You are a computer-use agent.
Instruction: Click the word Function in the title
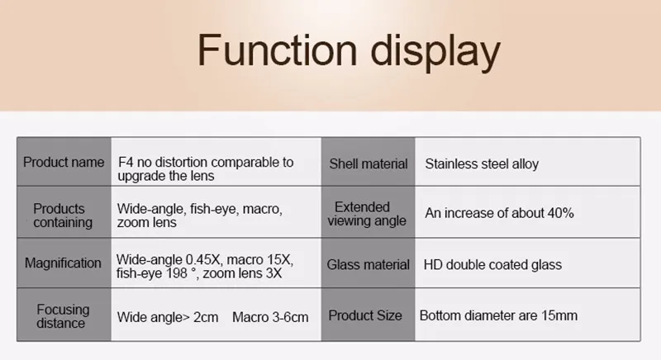coord(278,50)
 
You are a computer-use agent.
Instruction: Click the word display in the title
coord(435,53)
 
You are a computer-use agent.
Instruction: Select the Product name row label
coord(64,162)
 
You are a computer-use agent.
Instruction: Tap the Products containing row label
coord(63,216)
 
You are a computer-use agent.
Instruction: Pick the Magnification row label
coord(63,263)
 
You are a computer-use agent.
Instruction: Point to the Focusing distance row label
coord(63,316)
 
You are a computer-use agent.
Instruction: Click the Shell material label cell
coord(369,163)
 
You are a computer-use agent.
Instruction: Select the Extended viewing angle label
coord(367,214)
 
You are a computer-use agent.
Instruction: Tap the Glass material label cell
coord(368,264)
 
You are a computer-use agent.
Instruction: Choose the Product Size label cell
coord(365,315)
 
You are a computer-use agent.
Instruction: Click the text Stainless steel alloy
coord(482,163)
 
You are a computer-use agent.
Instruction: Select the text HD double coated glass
coord(492,265)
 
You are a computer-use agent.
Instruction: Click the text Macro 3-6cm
coord(270,317)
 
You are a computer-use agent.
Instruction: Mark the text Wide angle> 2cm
coord(168,317)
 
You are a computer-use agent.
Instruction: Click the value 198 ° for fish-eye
coord(181,273)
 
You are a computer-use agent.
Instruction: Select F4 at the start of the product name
coord(126,162)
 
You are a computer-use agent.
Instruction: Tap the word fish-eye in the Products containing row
coord(214,209)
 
